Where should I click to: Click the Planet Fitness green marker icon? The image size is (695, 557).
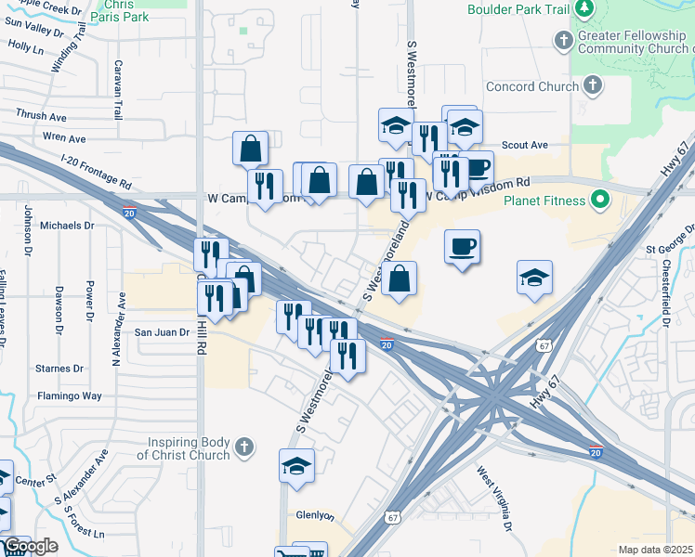click(600, 201)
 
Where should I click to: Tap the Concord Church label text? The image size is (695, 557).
click(532, 87)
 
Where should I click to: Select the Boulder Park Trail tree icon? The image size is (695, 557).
click(584, 9)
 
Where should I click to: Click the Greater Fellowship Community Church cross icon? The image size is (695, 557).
click(564, 41)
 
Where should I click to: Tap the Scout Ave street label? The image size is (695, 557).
click(525, 145)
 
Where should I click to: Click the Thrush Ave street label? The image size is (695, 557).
click(41, 116)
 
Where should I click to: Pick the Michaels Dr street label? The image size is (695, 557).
click(68, 226)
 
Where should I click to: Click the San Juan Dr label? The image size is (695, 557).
click(162, 331)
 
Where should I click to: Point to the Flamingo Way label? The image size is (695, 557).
click(69, 395)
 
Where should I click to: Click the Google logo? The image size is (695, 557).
click(30, 546)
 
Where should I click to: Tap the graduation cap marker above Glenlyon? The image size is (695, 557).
click(296, 465)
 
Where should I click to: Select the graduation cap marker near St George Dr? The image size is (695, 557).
click(534, 278)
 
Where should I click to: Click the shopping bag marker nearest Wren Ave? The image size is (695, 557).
click(250, 148)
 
